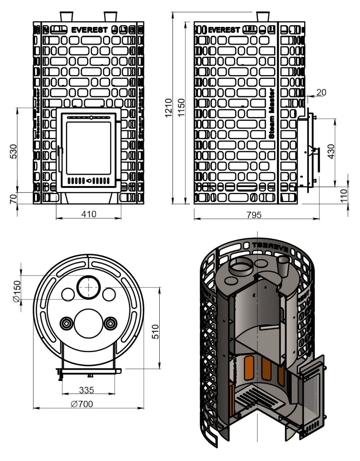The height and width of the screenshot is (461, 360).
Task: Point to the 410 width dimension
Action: pyautogui.click(x=89, y=214)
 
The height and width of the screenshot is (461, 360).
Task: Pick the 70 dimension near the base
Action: pyautogui.click(x=13, y=198)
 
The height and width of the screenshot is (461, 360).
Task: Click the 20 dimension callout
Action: pyautogui.click(x=322, y=93)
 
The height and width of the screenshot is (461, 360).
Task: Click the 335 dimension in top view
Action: pyautogui.click(x=87, y=390)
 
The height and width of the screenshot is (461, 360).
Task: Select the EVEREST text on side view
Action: pyautogui.click(x=224, y=30)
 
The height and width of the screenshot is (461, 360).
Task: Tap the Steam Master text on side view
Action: pyautogui.click(x=272, y=113)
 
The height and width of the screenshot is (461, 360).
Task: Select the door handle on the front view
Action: pyautogui.click(x=60, y=158)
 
